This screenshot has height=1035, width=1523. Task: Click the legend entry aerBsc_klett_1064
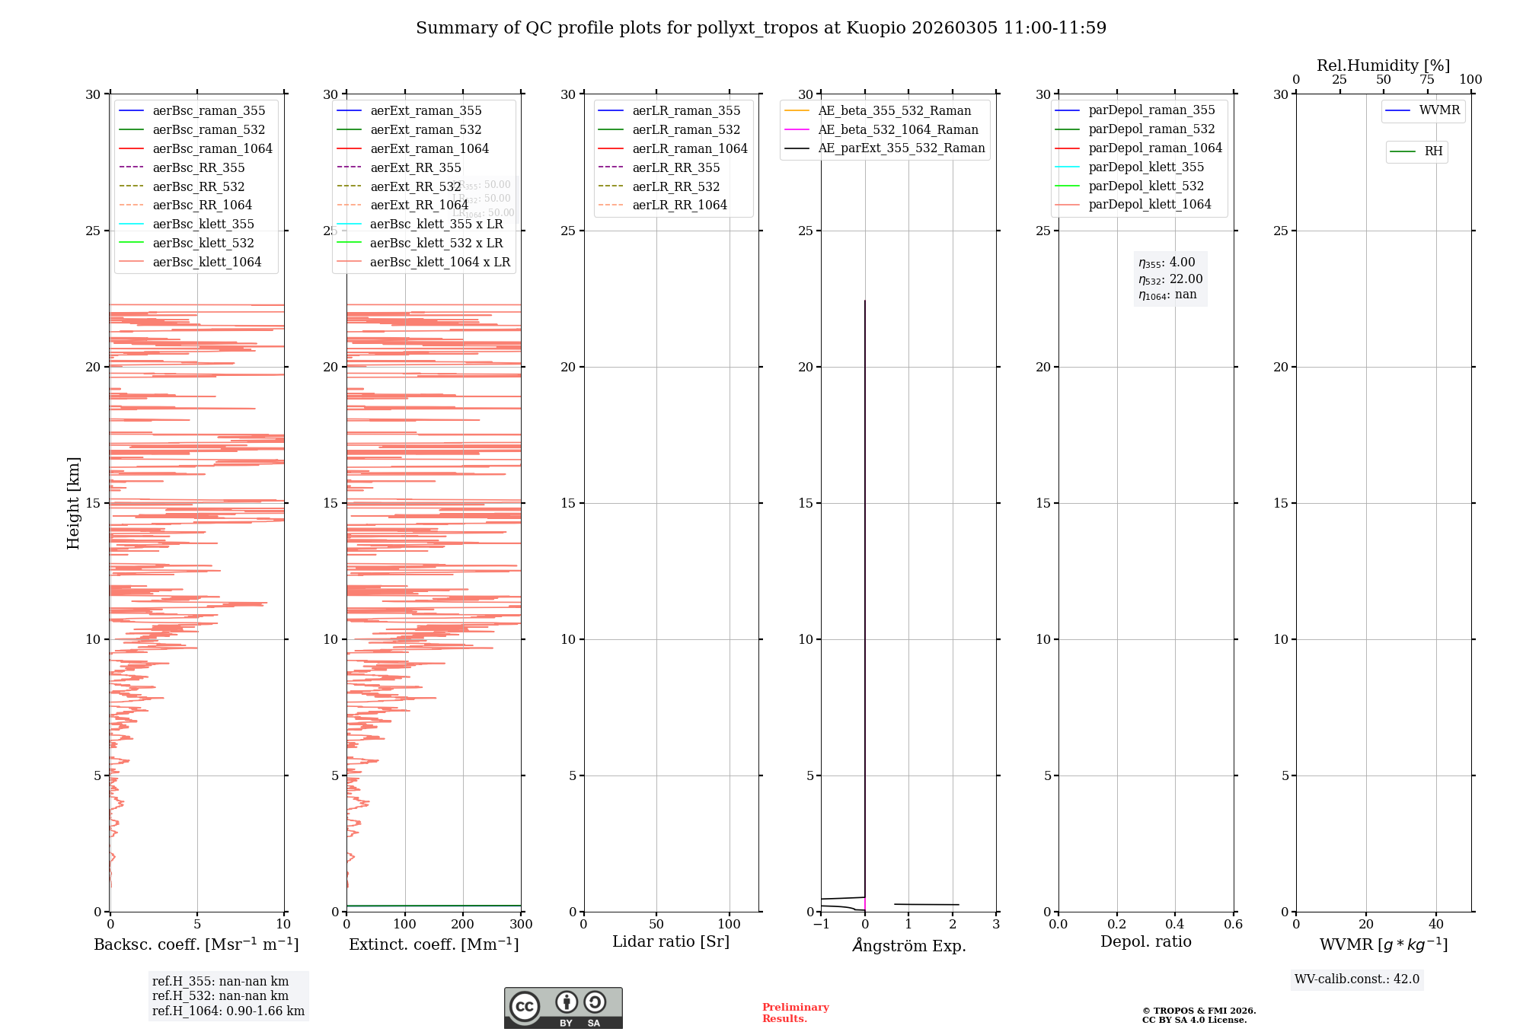click(x=206, y=262)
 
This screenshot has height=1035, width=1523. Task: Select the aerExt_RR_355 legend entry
click(x=416, y=167)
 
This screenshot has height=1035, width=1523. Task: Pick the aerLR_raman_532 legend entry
click(x=686, y=129)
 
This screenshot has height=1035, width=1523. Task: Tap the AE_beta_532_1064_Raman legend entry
click(x=898, y=129)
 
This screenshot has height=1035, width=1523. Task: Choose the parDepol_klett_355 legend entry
click(x=1146, y=167)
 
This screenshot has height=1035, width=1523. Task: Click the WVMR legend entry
click(x=1439, y=110)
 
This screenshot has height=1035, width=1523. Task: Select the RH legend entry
click(x=1433, y=151)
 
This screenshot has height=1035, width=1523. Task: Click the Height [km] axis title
click(x=73, y=503)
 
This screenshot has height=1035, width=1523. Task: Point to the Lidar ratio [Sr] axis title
click(x=671, y=941)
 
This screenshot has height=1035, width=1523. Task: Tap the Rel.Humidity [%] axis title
click(x=1383, y=65)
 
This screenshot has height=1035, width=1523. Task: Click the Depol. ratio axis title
click(x=1145, y=941)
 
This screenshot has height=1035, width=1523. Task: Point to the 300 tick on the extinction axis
click(x=521, y=925)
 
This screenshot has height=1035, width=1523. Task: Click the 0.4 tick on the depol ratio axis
click(x=1175, y=925)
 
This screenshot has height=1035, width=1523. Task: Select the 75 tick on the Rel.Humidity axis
click(x=1427, y=80)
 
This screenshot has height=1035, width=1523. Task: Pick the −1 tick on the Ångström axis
click(x=821, y=925)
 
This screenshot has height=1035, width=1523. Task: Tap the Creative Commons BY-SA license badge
click(x=563, y=1008)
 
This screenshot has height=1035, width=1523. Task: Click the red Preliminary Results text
click(x=795, y=1013)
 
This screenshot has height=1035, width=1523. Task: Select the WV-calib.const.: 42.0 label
click(x=1357, y=979)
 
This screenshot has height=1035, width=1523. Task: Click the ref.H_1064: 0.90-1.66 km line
click(x=228, y=1011)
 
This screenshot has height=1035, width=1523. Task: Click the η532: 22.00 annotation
click(x=1170, y=279)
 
